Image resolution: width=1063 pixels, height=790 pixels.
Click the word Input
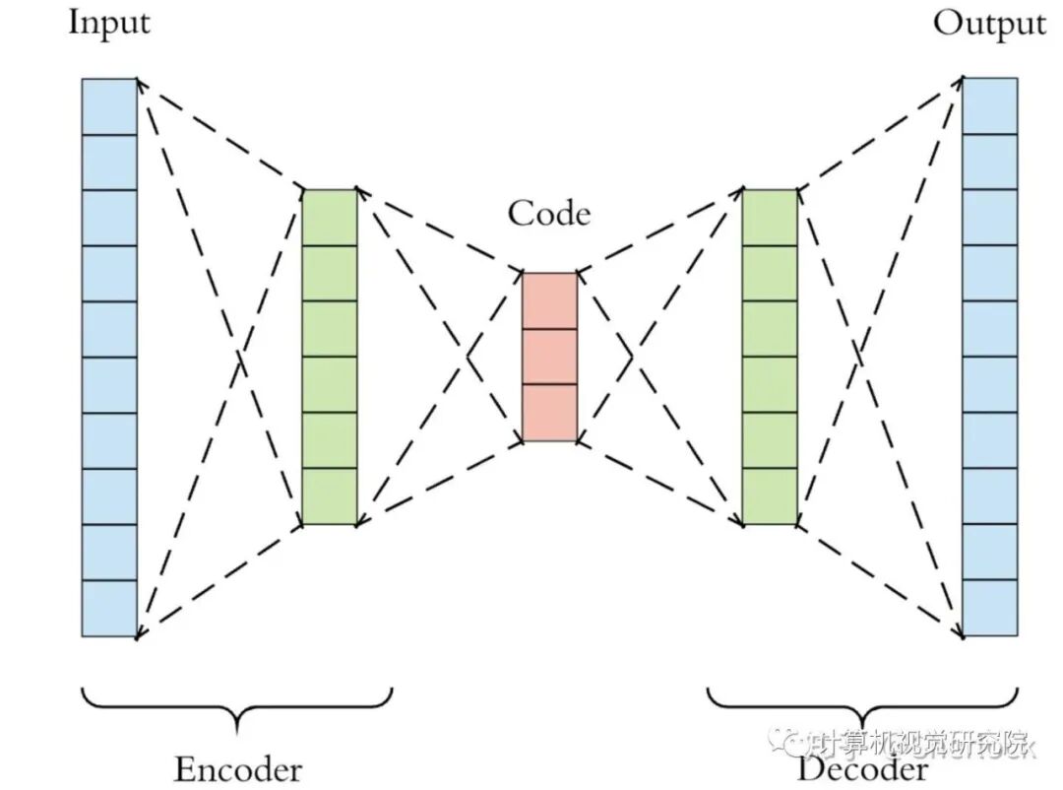tap(108, 22)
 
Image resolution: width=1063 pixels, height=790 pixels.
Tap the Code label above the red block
tap(549, 213)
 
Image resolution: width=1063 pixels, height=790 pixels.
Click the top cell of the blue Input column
tap(109, 106)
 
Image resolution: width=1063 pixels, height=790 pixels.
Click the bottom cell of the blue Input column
tap(109, 609)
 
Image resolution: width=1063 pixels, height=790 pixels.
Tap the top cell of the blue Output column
tap(989, 106)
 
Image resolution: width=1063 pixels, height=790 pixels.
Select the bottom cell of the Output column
tap(989, 609)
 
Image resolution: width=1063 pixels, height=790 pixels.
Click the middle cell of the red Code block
tap(549, 357)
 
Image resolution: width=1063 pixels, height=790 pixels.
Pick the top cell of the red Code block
tap(549, 300)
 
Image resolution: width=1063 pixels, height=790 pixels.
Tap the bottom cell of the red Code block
tap(549, 413)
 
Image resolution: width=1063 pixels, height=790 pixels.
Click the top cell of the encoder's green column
tap(329, 217)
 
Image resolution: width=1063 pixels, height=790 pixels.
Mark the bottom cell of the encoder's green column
tap(329, 496)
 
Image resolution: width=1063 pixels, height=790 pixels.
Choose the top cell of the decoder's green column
tap(769, 217)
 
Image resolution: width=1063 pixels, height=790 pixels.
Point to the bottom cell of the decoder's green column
tap(769, 496)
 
